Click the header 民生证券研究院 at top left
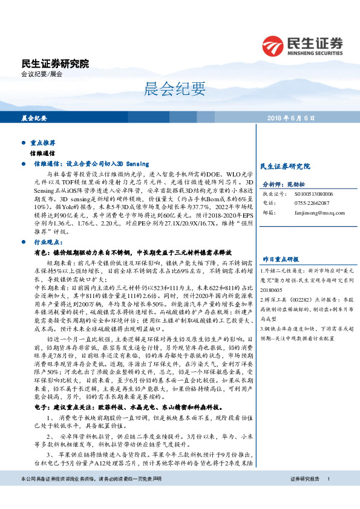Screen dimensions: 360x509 pyautogui.click(x=54, y=63)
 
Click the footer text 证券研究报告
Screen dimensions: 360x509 pyautogui.click(x=304, y=496)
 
